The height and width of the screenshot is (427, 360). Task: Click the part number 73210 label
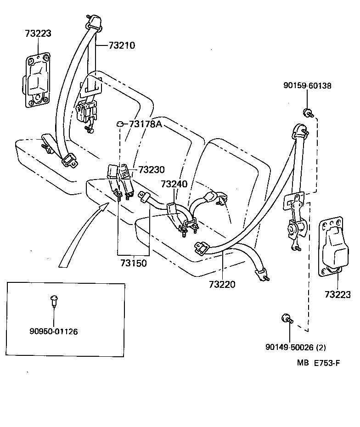point(122,45)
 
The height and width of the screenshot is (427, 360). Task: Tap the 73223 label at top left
point(38,34)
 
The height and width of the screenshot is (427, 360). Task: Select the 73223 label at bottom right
point(338,294)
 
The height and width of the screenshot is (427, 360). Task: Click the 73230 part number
point(151,169)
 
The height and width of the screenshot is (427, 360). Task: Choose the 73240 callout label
point(174,184)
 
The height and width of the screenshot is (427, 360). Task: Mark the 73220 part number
point(222,284)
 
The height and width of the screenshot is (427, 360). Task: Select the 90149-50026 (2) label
point(296,347)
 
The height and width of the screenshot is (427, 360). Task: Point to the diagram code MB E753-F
point(318,363)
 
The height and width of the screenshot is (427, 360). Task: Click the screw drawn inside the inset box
point(54,300)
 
